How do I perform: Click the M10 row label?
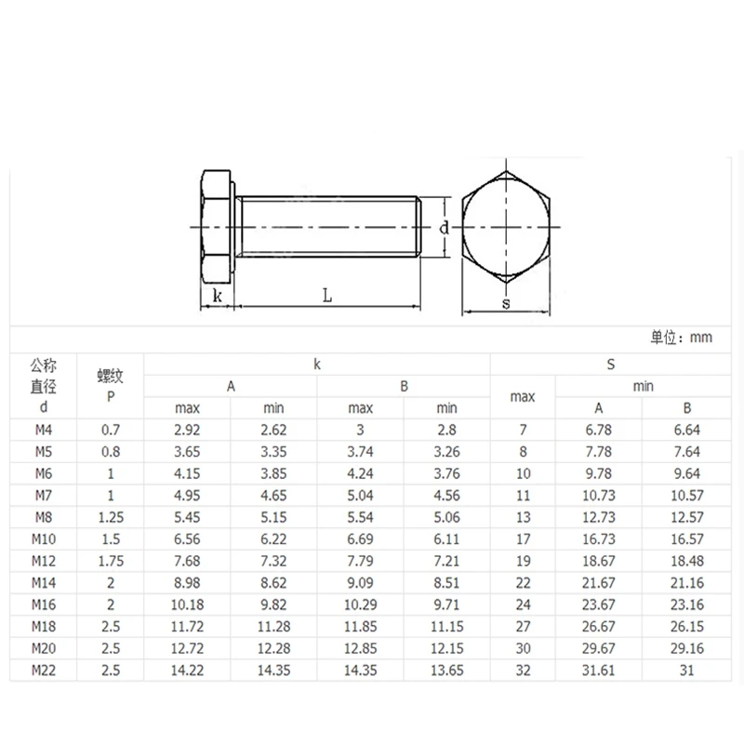(x=44, y=539)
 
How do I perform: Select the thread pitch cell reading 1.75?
(x=111, y=561)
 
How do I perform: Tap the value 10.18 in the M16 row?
(x=187, y=604)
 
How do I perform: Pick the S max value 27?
(x=523, y=626)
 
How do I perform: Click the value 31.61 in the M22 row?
(x=598, y=670)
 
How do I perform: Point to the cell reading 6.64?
(x=686, y=430)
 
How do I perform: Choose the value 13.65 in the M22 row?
(x=446, y=670)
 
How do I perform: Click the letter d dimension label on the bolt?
(x=444, y=228)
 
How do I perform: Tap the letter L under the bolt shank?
(x=327, y=296)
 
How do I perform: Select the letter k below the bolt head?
(x=218, y=296)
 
